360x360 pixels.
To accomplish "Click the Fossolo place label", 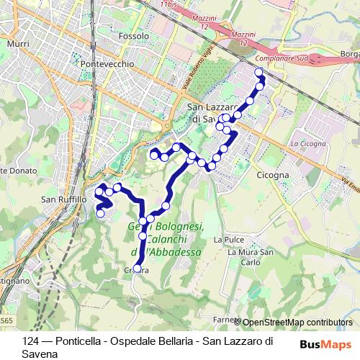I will [x=135, y=35].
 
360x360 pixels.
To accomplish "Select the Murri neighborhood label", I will [x=17, y=44].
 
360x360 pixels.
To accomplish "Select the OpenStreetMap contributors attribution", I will [x=295, y=323].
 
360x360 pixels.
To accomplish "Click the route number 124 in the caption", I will [x=30, y=341].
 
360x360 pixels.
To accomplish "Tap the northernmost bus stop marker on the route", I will [x=259, y=71].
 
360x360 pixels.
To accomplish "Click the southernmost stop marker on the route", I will [x=137, y=269].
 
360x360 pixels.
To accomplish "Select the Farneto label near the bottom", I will [x=225, y=320].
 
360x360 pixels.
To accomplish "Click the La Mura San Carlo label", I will [x=250, y=257].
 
